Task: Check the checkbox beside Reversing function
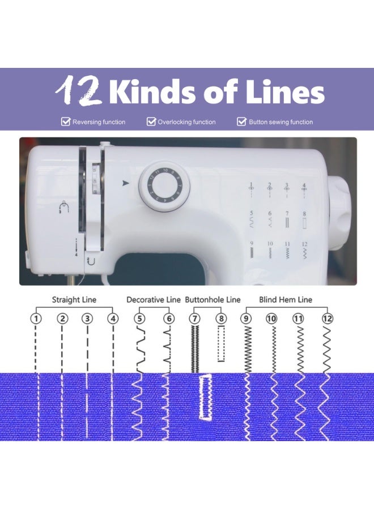[x=65, y=122]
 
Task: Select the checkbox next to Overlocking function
[x=151, y=122]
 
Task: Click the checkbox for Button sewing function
[x=241, y=122]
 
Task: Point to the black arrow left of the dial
[x=125, y=183]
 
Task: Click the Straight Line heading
[x=74, y=300]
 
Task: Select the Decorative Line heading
[x=154, y=300]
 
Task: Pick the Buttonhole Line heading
[x=213, y=300]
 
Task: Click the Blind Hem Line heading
[x=286, y=300]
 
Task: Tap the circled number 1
[x=36, y=319]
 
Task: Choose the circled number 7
[x=194, y=319]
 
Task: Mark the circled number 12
[x=327, y=319]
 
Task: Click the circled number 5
[x=139, y=319]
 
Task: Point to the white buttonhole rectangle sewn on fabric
[x=205, y=396]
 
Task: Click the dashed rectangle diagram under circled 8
[x=221, y=344]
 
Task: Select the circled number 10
[x=271, y=319]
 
